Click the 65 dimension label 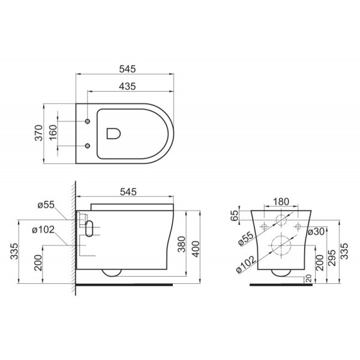pyautogui.click(x=235, y=215)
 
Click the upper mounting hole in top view pyautogui.click(x=88, y=121)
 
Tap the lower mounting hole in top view pyautogui.click(x=88, y=146)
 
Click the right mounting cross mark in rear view pyautogui.click(x=296, y=227)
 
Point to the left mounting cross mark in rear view pyautogui.click(x=263, y=227)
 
